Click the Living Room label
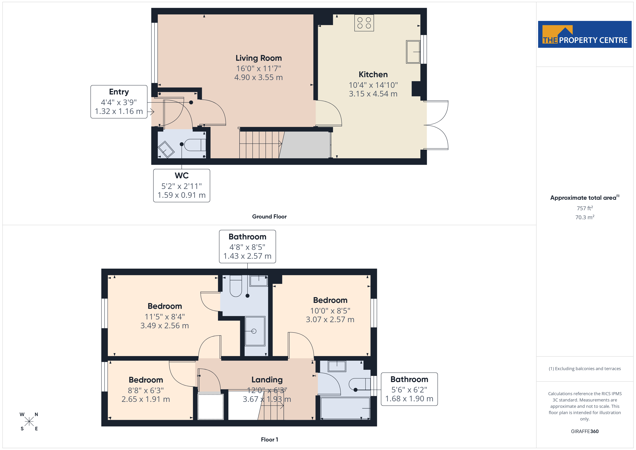[259, 58]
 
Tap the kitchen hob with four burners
[364, 23]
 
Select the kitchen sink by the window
[413, 52]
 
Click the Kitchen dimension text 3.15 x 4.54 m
[373, 94]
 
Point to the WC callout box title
[182, 175]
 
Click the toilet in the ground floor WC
[195, 145]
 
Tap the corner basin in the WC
[166, 150]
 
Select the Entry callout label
[119, 92]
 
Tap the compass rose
[29, 422]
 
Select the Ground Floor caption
[269, 217]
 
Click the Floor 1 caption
[269, 440]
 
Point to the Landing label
[267, 380]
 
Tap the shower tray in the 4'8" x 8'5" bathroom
[255, 331]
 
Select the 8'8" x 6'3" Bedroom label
[146, 380]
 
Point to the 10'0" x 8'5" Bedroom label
[330, 300]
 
